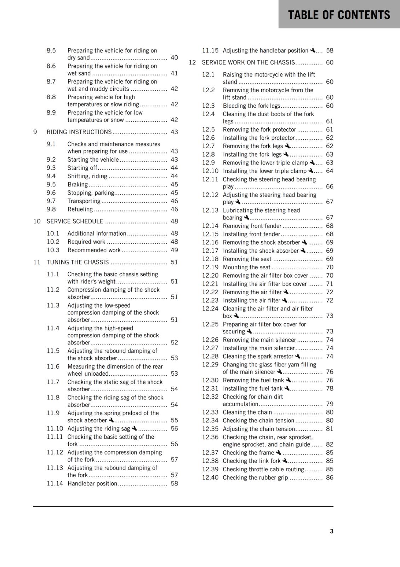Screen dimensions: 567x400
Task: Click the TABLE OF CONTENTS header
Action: (339, 15)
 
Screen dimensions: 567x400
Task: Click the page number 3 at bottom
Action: (331, 531)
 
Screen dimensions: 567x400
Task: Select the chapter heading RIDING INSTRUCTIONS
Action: (79, 132)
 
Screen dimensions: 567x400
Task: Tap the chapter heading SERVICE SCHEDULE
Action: (75, 221)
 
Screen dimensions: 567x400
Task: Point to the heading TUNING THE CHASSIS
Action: (78, 262)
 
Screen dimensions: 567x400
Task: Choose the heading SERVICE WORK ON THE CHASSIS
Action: (248, 62)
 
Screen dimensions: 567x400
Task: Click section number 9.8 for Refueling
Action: (51, 209)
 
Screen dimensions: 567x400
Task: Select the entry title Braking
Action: (78, 184)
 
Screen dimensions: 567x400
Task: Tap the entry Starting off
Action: (82, 168)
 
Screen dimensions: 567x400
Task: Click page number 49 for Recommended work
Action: (174, 250)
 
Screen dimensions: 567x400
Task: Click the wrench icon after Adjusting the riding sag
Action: (134, 428)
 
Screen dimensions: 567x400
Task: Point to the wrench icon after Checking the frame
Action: (278, 452)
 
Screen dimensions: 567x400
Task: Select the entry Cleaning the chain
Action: (247, 412)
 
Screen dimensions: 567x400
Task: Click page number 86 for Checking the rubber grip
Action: (330, 477)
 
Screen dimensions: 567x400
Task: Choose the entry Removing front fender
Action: (252, 226)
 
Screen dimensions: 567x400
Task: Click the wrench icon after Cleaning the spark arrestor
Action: (297, 356)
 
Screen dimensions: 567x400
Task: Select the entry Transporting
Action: (84, 201)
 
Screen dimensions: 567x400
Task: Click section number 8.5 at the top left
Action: (51, 50)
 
